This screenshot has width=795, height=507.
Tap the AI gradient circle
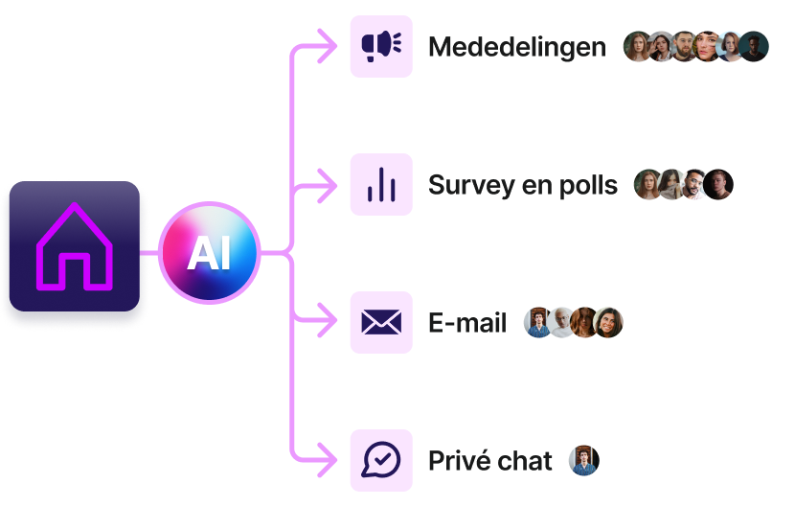210,253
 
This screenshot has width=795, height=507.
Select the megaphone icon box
381,46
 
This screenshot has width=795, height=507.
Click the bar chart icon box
381,184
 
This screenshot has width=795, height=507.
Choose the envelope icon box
381,322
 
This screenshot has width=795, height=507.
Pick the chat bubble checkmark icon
381,460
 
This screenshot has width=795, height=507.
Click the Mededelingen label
516,47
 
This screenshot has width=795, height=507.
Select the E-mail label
467,323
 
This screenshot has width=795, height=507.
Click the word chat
526,461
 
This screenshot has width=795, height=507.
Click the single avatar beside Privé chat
582,461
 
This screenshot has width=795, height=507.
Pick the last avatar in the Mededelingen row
754,47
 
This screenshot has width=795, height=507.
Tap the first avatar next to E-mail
538,323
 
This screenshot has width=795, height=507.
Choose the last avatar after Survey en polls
718,185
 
